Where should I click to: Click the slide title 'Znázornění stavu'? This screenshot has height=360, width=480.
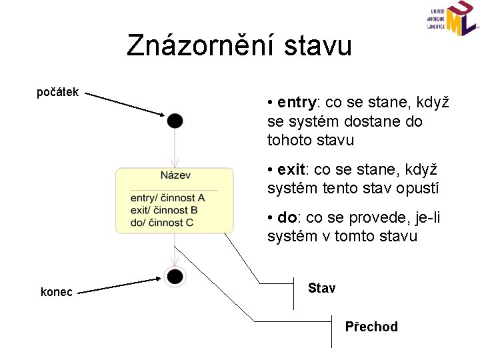[239, 46]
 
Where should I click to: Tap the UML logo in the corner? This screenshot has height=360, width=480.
[453, 20]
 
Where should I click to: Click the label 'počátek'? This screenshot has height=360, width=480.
[58, 92]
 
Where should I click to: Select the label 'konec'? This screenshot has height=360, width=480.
[57, 291]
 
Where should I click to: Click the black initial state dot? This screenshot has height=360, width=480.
[175, 121]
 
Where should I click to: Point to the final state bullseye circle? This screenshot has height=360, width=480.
[175, 276]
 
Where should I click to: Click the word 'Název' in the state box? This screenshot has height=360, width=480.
[175, 175]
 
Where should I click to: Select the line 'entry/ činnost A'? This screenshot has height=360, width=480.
[167, 198]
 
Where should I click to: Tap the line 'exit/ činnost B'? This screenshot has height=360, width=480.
[164, 210]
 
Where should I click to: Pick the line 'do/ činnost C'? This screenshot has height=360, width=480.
[162, 222]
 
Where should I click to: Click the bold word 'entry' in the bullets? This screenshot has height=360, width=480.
[296, 103]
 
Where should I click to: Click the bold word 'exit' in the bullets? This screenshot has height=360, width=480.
[291, 170]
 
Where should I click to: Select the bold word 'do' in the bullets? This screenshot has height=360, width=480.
[287, 217]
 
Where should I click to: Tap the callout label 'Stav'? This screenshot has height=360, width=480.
[322, 288]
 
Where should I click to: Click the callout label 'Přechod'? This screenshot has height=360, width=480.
[371, 327]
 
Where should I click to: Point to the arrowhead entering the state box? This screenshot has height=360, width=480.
[175, 163]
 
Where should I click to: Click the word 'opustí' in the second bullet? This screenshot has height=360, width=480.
[419, 189]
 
